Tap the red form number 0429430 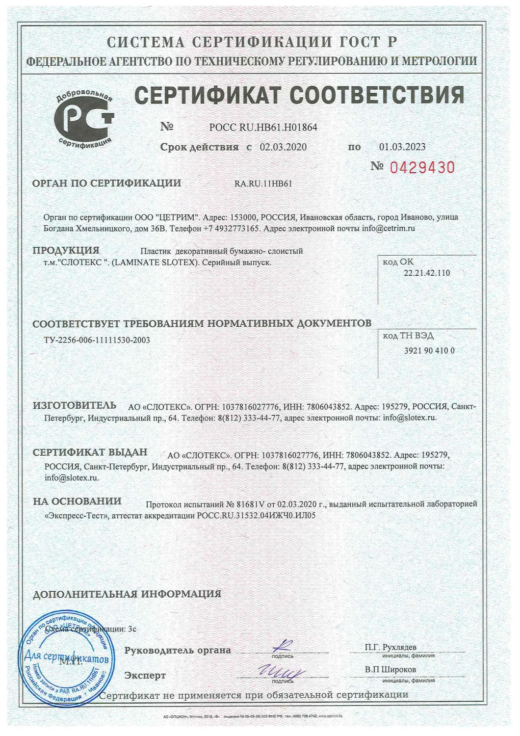[x=422, y=168]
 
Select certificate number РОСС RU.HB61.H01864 [x=263, y=128]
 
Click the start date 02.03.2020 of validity [x=283, y=147]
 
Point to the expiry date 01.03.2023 [x=402, y=147]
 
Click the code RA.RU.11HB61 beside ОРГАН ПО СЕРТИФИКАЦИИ [x=263, y=184]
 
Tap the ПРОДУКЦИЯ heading [x=66, y=250]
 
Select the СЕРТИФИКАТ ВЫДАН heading [x=90, y=452]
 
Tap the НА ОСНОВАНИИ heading [x=77, y=501]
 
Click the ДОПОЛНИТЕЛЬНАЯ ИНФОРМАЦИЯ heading [x=127, y=594]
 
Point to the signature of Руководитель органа [x=283, y=647]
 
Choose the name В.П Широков [x=390, y=669]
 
